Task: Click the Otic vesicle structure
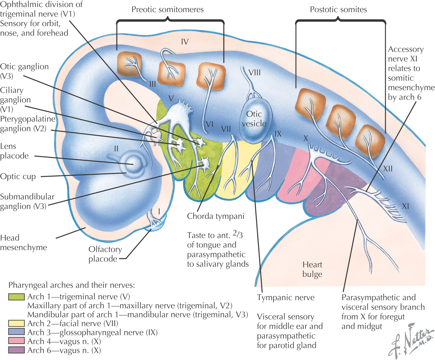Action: tap(255, 121)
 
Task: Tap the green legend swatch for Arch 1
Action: tap(16, 297)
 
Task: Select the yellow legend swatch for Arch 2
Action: tap(16, 324)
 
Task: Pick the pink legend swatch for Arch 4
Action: tap(16, 341)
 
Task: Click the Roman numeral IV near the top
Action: tap(185, 42)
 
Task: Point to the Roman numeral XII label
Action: tap(388, 169)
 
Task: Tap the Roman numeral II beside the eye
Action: tap(116, 149)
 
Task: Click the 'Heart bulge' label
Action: tap(312, 269)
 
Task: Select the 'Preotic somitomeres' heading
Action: tap(168, 10)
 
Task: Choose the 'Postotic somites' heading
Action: tap(338, 10)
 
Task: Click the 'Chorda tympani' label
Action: tap(216, 216)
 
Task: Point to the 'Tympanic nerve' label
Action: tap(286, 297)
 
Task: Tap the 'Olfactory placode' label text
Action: tap(105, 254)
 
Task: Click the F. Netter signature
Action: tap(410, 340)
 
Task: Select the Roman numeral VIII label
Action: tap(255, 73)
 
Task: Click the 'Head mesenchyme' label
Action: tap(23, 243)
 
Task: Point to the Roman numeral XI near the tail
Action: tap(405, 206)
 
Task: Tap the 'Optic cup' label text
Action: tap(18, 177)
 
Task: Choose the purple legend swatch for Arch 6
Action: tap(16, 350)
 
